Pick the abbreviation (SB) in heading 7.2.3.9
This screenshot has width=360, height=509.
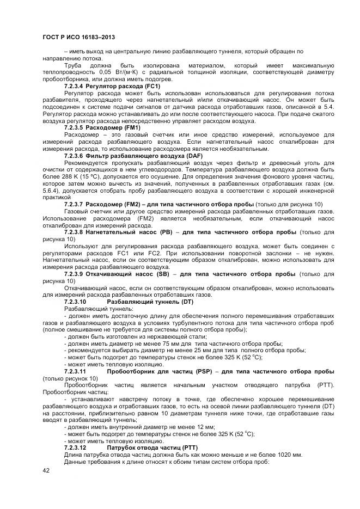pyautogui.click(x=167, y=274)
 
